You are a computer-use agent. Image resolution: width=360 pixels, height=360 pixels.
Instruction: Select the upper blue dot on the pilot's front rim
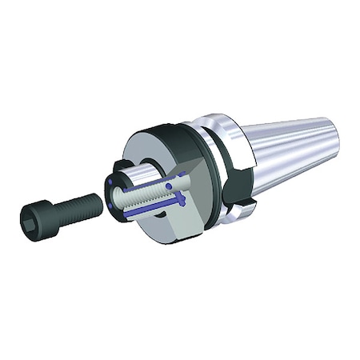(110, 183)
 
